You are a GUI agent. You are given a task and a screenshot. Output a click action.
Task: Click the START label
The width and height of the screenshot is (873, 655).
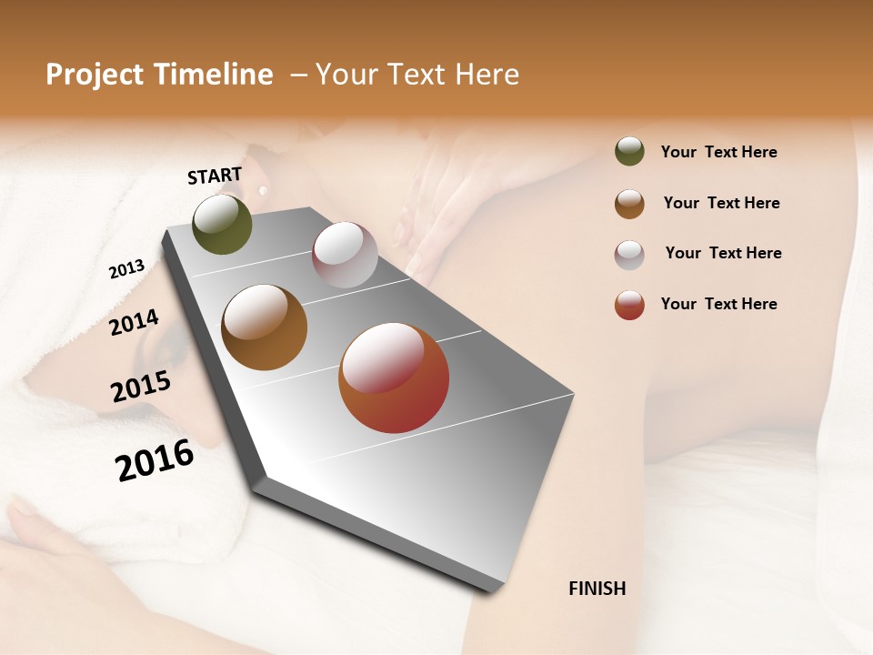tap(215, 176)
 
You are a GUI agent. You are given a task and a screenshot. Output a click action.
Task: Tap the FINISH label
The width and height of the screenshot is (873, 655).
tap(597, 589)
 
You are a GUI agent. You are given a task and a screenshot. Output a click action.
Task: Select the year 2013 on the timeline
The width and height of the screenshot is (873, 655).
tap(126, 269)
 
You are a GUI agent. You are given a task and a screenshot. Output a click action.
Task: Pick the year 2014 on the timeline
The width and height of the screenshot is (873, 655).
tap(134, 322)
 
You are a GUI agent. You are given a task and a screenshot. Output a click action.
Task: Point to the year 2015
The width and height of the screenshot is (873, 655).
tap(140, 387)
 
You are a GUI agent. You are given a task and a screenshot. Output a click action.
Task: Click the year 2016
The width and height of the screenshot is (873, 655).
tap(155, 459)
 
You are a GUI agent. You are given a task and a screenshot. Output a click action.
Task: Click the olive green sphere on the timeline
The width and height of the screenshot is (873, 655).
tap(222, 224)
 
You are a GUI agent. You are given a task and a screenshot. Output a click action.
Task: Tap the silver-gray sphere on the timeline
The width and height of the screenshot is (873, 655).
tap(345, 255)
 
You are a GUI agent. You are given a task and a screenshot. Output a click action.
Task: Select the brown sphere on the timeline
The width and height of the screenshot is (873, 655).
tap(264, 327)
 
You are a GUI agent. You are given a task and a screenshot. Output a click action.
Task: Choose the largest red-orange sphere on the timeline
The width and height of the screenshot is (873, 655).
tap(394, 378)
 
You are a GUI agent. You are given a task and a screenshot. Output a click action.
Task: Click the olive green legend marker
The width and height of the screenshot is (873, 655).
tap(629, 151)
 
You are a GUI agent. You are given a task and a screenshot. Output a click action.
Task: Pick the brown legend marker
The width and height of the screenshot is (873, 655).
tap(629, 204)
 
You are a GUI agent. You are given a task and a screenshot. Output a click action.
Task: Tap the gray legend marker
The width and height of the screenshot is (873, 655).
tap(629, 255)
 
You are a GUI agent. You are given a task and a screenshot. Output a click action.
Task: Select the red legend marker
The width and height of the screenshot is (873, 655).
tap(629, 305)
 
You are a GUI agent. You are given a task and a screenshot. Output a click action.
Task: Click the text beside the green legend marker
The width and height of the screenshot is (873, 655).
tap(718, 152)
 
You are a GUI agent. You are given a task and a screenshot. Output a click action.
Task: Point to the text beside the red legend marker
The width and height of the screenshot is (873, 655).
tap(718, 304)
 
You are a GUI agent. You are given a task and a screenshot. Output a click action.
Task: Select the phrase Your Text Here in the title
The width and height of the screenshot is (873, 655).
tap(417, 75)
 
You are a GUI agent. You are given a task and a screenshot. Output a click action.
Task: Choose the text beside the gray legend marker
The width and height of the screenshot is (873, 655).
tap(723, 253)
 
